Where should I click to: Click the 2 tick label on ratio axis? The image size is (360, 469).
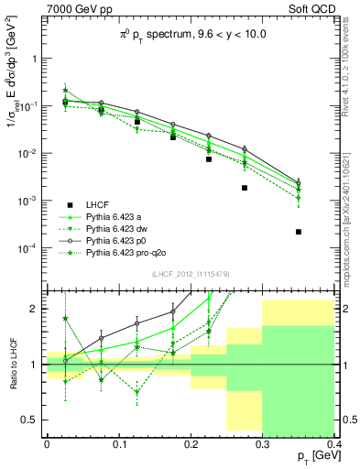36,310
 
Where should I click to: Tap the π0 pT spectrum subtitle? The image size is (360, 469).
189,33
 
